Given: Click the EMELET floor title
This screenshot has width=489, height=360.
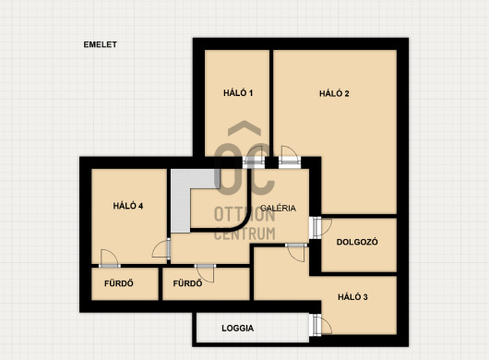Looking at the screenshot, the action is pyautogui.click(x=101, y=44).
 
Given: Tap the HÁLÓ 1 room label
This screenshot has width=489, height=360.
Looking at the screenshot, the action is pyautogui.click(x=238, y=93).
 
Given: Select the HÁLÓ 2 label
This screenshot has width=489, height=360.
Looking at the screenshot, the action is pyautogui.click(x=334, y=93).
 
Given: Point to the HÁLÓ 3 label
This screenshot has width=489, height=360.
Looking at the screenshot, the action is pyautogui.click(x=352, y=297).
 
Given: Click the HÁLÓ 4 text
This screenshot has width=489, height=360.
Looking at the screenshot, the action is pyautogui.click(x=128, y=206).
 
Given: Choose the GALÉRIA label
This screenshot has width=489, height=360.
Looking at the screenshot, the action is pyautogui.click(x=278, y=208).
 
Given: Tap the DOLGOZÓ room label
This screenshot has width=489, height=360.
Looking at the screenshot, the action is pyautogui.click(x=357, y=242).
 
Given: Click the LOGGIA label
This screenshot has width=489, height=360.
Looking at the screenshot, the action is pyautogui.click(x=238, y=329).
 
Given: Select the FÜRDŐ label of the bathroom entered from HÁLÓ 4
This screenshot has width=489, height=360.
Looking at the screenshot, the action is pyautogui.click(x=119, y=283).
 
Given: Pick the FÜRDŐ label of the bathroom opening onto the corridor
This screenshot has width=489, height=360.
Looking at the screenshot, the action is pyautogui.click(x=187, y=283).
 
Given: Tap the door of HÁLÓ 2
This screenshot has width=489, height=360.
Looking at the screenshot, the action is pyautogui.click(x=290, y=157).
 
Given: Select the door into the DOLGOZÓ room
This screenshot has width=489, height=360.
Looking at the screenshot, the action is pyautogui.click(x=320, y=227).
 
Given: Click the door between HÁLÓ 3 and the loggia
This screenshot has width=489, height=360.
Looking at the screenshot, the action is pyautogui.click(x=320, y=325).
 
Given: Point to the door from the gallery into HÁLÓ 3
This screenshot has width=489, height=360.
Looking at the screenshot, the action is pyautogui.click(x=296, y=252).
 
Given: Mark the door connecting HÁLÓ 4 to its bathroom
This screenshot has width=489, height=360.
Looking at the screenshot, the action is pyautogui.click(x=110, y=259).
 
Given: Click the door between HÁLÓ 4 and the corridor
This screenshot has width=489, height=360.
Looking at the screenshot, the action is pyautogui.click(x=161, y=249).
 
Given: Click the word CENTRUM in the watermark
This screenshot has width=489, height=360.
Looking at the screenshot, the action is pyautogui.click(x=244, y=234).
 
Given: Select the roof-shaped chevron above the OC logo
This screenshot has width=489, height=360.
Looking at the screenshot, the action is pyautogui.click(x=244, y=128).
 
